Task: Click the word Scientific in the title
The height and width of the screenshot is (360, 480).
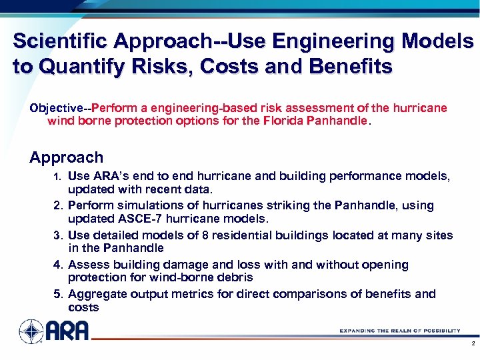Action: [60, 42]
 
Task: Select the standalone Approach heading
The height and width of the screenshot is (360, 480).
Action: [67, 158]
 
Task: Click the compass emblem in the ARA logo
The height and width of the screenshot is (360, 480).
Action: [31, 331]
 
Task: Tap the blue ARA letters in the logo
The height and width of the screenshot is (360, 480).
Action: [67, 331]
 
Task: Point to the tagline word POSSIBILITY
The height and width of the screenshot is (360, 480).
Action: [437, 330]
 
